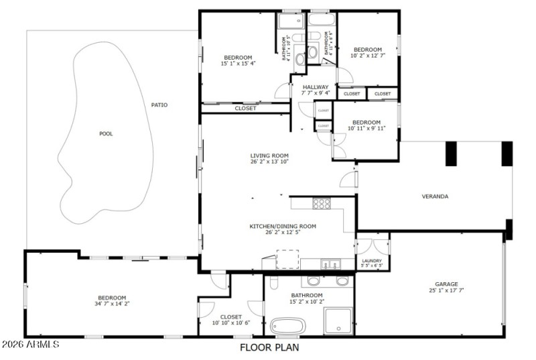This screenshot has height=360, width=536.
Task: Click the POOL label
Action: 106,133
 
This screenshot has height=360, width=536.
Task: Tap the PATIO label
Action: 159,105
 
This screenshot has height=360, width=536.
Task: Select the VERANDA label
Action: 434,196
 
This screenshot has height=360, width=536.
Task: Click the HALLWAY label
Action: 315,87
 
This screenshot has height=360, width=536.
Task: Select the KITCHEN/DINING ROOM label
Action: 282,227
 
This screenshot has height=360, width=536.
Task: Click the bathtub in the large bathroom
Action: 288,326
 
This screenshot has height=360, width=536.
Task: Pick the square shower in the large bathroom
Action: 338,320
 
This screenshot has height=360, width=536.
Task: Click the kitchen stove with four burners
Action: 322,204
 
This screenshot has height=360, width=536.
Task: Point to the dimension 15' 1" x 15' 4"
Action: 238,64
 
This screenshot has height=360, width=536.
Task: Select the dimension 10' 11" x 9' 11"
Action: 366,129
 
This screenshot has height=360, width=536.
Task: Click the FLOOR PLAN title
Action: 269,347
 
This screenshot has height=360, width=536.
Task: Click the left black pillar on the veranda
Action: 451,153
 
